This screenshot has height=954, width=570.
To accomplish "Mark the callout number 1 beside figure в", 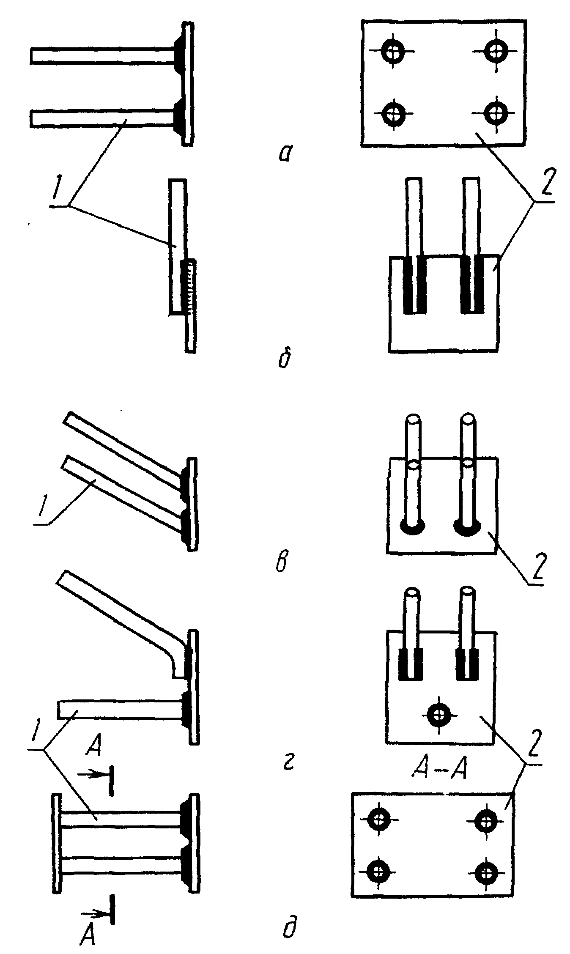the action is coord(41,506).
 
